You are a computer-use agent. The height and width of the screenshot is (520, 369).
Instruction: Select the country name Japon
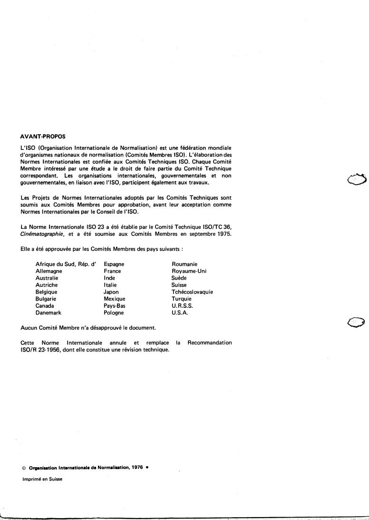click(111, 292)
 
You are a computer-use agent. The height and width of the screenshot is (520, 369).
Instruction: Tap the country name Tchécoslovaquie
click(192, 292)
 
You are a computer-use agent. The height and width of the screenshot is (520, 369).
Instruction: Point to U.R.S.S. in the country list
click(182, 306)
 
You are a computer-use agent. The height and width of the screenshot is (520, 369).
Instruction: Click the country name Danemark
click(49, 313)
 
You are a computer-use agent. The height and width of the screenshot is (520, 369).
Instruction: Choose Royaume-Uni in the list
click(189, 271)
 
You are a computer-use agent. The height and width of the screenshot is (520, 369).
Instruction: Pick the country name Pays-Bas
click(115, 306)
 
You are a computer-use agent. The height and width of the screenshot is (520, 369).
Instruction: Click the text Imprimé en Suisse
click(42, 479)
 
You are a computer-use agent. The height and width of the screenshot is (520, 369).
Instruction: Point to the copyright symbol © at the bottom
click(24, 468)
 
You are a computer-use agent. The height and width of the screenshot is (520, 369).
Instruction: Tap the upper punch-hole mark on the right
click(358, 179)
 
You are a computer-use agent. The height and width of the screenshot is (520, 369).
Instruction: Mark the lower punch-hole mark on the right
click(356, 323)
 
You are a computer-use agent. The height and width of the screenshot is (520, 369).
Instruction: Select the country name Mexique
click(115, 299)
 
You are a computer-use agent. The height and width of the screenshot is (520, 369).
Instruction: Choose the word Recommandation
click(210, 343)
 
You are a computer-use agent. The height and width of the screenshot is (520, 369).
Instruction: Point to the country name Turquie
click(182, 299)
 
